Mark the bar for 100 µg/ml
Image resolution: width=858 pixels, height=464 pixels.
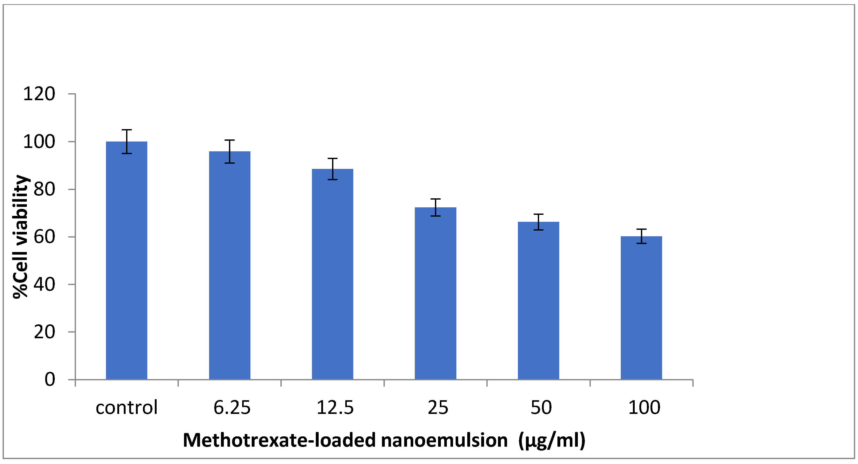[641, 308]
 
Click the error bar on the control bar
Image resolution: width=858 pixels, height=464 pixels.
[127, 141]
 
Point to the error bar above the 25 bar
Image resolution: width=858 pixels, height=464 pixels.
[435, 207]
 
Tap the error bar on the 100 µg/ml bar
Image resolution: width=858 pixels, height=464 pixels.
[641, 236]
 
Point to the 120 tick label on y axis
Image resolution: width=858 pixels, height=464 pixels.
[39, 94]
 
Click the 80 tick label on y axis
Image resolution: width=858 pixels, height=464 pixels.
[44, 189]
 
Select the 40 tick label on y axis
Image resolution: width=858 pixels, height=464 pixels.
[44, 285]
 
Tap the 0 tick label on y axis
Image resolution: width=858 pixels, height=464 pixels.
[50, 380]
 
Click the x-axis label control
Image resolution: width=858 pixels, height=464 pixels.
[127, 407]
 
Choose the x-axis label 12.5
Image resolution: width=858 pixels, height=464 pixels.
[335, 407]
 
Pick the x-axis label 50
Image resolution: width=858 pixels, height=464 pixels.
[541, 407]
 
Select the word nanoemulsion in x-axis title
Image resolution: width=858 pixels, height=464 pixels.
[444, 440]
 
